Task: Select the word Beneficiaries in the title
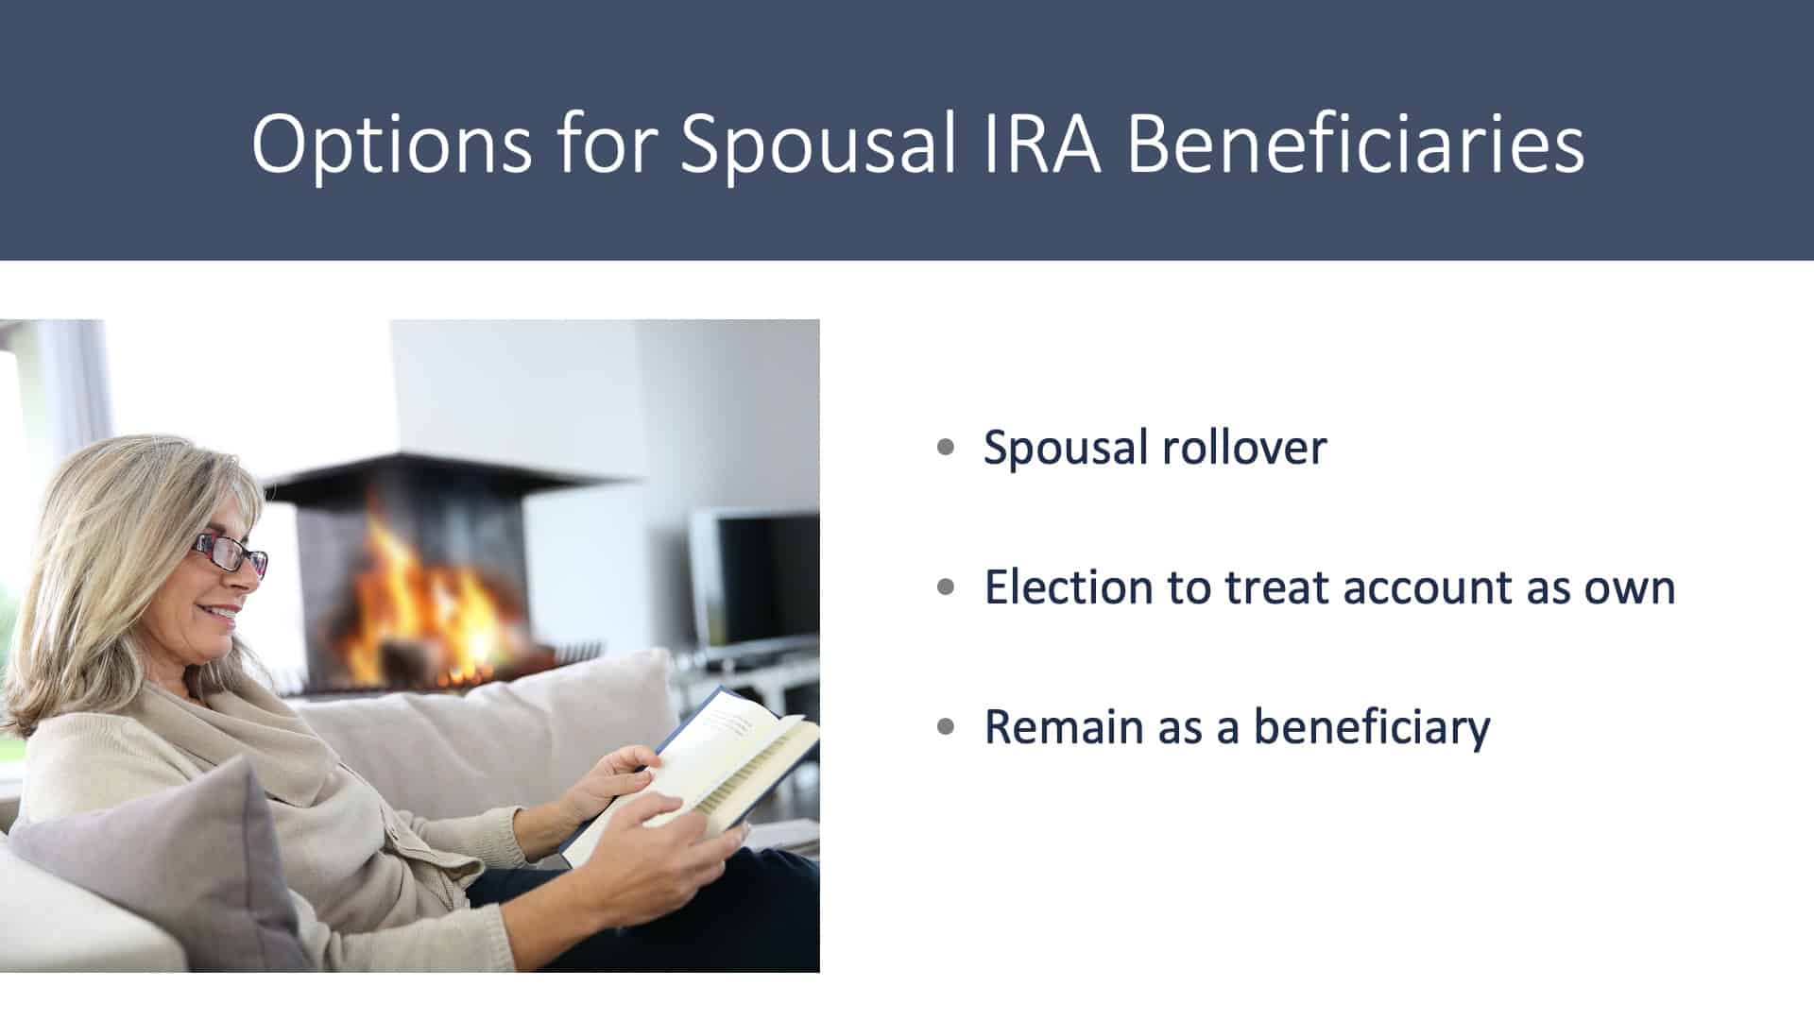(1356, 144)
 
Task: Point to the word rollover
(1244, 447)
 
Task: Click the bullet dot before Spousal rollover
(946, 448)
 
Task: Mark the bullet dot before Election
(946, 587)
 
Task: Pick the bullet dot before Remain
(946, 727)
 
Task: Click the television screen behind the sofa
(756, 581)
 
